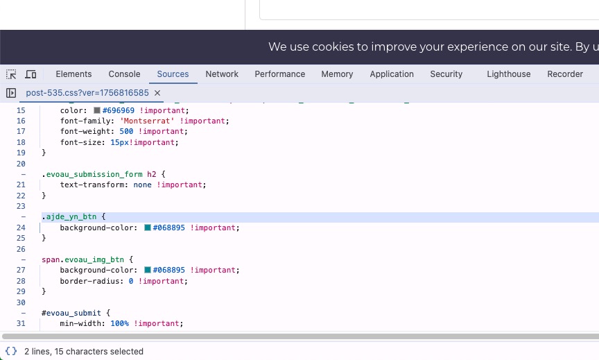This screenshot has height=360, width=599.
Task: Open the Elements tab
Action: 73,74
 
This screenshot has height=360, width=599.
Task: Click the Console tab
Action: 124,74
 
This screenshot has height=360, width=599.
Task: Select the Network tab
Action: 222,74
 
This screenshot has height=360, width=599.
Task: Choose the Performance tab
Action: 279,74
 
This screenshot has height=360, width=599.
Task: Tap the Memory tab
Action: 337,74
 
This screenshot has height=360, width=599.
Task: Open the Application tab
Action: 392,74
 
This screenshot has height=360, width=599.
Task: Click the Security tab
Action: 446,74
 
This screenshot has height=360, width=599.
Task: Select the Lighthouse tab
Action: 508,74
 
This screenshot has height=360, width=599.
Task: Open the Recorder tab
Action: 565,74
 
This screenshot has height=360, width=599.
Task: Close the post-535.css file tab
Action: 157,93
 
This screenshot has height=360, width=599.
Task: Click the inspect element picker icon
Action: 11,74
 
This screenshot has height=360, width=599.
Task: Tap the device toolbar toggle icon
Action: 31,74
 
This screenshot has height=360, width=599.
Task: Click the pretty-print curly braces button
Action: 11,351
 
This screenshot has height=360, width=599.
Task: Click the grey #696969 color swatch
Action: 97,110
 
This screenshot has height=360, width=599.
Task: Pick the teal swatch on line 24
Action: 148,228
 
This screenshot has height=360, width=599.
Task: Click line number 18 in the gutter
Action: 21,142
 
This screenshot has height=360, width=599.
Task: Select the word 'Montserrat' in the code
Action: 147,121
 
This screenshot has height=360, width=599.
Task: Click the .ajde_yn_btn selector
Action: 69,216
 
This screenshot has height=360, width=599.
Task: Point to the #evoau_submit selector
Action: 71,313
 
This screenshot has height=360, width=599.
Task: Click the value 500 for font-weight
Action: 126,132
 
